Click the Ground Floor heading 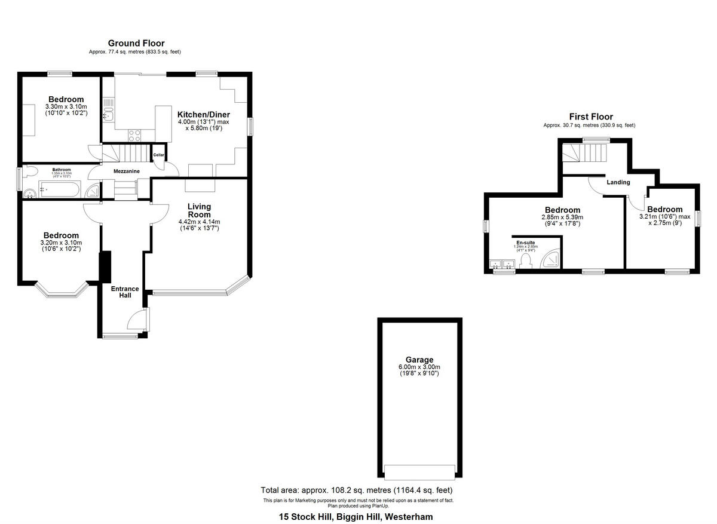136,43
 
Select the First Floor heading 590,117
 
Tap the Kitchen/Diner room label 203,115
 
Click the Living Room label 199,210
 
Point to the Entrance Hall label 125,292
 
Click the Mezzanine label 127,171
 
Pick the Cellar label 158,155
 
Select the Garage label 419,360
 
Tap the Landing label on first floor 618,182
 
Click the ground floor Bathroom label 61,170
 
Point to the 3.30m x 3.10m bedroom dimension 66,106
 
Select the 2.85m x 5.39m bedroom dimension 562,217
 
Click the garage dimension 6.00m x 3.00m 419,367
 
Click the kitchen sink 108,112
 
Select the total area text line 360,490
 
